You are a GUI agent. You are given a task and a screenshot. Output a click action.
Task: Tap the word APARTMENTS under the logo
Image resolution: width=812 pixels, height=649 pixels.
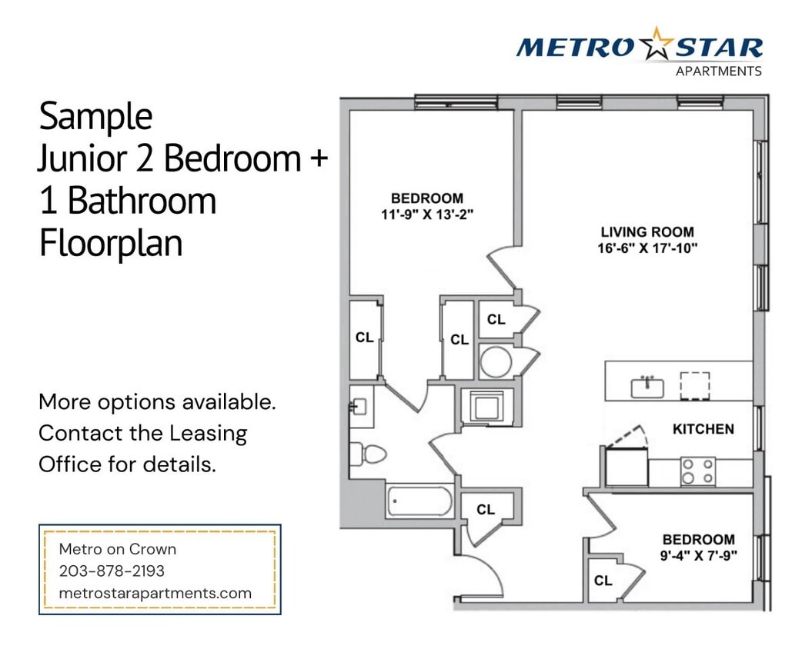point(718,72)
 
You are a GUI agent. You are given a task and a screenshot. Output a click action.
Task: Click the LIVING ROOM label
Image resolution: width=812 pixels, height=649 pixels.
point(647,232)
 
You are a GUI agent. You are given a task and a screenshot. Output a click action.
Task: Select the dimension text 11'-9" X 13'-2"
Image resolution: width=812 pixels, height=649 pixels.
point(426,215)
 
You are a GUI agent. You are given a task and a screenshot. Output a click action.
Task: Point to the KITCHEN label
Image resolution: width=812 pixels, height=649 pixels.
point(703,429)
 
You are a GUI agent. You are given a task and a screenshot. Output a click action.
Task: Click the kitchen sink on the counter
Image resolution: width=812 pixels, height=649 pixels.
point(647,386)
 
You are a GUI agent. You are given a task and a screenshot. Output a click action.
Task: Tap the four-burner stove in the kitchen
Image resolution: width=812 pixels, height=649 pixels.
point(697,471)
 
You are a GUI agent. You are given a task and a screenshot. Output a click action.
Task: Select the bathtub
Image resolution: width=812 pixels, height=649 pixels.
point(419,501)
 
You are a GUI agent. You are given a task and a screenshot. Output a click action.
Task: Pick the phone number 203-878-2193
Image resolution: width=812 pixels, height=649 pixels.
point(112,571)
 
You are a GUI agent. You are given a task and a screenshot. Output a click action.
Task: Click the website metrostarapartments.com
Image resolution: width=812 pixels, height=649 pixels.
point(155,593)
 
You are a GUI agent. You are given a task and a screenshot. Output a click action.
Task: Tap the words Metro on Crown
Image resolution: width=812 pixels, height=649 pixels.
point(118,549)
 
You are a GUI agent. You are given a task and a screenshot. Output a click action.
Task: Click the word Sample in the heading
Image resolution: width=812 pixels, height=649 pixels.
point(95,117)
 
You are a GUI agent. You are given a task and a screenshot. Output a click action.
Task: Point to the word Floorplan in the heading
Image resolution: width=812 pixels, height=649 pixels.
point(111,242)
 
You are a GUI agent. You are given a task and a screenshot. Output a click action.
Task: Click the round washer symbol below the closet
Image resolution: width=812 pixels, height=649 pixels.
point(495,360)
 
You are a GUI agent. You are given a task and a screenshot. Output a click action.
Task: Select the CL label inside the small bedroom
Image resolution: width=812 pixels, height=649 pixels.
point(603,581)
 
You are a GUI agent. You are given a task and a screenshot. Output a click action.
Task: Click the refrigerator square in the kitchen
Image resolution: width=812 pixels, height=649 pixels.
point(626,467)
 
